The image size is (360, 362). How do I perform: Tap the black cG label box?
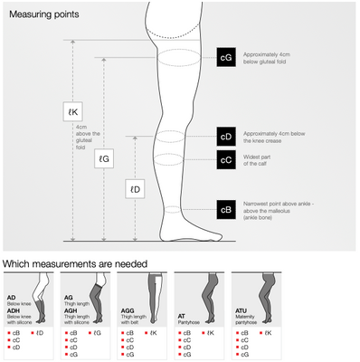pyautogui.click(x=226, y=57)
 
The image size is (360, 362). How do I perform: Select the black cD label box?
pyautogui.click(x=226, y=138)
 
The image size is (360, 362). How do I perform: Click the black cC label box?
pyautogui.click(x=226, y=159)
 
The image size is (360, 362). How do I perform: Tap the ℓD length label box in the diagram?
pyautogui.click(x=134, y=189)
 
